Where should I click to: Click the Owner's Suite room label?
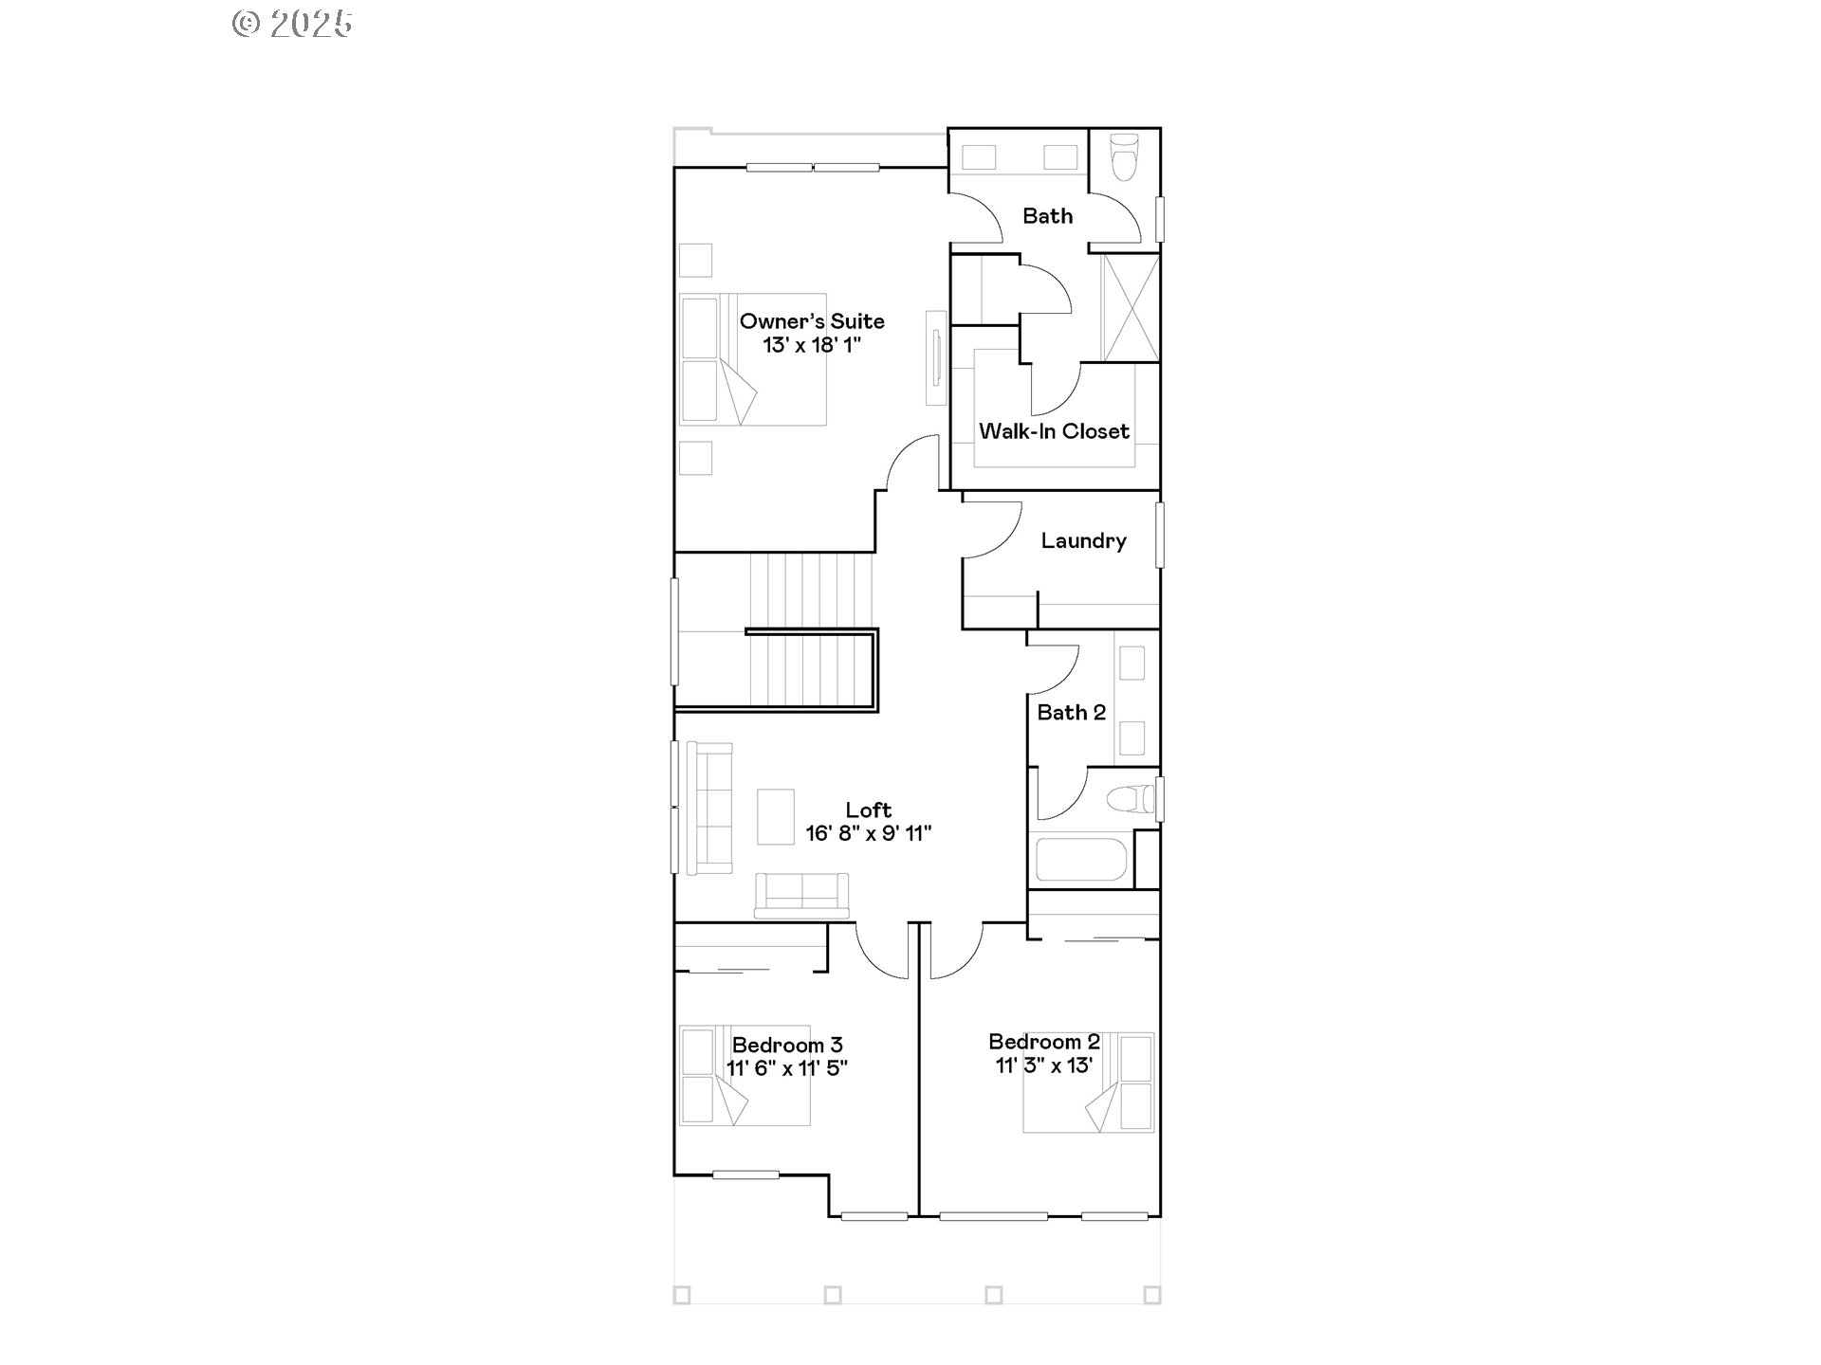pyautogui.click(x=812, y=321)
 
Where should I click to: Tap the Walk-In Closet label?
pyautogui.click(x=1054, y=431)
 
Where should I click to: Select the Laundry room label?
pyautogui.click(x=1083, y=540)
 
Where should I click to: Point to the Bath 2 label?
pyautogui.click(x=1072, y=712)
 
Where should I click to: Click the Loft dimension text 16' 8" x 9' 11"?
pyautogui.click(x=869, y=833)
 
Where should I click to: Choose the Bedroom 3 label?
pyautogui.click(x=787, y=1045)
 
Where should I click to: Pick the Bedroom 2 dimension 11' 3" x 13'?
pyautogui.click(x=1044, y=1065)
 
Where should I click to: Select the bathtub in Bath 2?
pyautogui.click(x=1080, y=859)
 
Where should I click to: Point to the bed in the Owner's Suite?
pyautogui.click(x=753, y=359)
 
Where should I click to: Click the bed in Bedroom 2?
pyautogui.click(x=1088, y=1083)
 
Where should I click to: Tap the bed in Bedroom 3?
pyautogui.click(x=745, y=1075)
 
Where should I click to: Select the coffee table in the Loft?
pyautogui.click(x=776, y=816)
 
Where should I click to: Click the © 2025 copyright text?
pyautogui.click(x=292, y=24)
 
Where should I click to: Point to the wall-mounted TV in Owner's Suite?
pyautogui.click(x=937, y=357)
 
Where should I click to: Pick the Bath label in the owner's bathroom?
pyautogui.click(x=1047, y=216)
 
